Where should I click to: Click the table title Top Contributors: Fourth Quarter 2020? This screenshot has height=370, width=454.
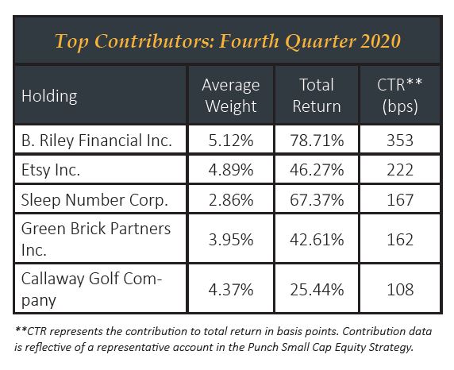[x=227, y=40]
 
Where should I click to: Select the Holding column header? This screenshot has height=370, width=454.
[x=49, y=96]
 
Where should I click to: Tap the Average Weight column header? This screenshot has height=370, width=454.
[x=231, y=95]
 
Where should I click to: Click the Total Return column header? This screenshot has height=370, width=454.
[x=317, y=95]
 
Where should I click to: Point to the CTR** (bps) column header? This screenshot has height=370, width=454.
[x=399, y=95]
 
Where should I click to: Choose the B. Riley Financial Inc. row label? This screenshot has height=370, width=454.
[x=97, y=141]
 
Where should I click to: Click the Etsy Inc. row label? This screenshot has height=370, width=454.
[x=51, y=170]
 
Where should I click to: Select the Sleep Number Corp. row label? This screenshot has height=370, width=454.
[x=94, y=200]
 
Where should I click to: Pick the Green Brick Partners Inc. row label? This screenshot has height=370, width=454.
[x=96, y=239]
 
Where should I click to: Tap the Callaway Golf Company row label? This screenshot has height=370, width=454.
[x=91, y=289]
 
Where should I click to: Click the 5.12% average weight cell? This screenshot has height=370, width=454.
[x=231, y=141]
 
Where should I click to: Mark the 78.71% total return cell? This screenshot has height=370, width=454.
[x=317, y=141]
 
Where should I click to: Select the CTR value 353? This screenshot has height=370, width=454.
[x=400, y=141]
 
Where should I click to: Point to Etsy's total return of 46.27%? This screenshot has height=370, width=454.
[x=317, y=170]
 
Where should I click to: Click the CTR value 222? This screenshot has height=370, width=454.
[x=400, y=170]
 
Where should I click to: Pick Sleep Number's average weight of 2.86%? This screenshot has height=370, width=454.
[x=231, y=200]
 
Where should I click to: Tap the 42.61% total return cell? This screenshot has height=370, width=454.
[x=317, y=240]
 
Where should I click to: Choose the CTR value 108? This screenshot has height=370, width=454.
[x=400, y=290]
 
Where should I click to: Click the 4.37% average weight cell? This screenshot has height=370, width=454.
[x=231, y=290]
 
